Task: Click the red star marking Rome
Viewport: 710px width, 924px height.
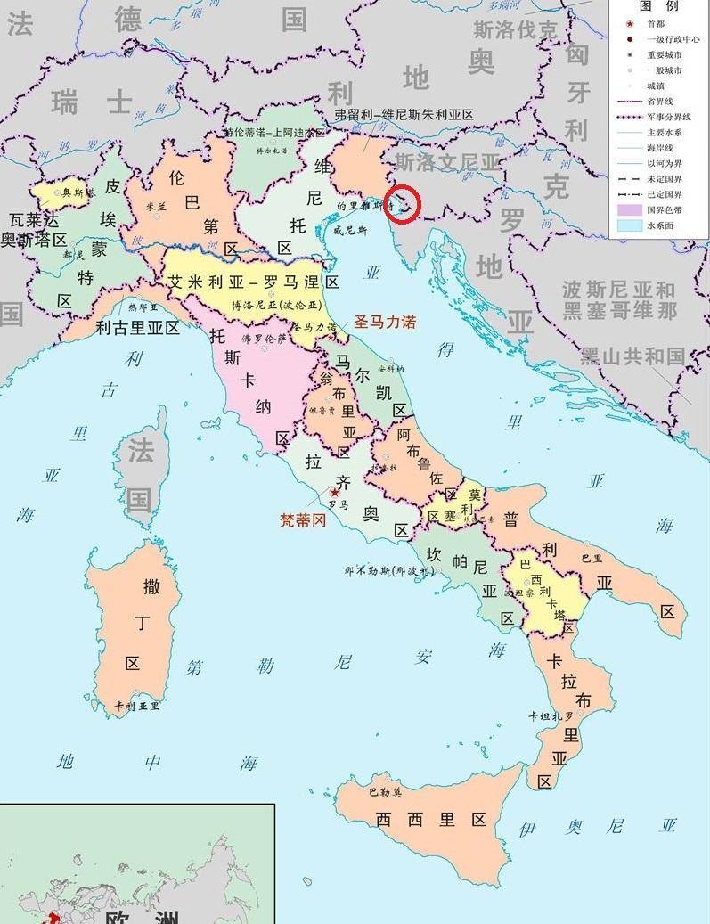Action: [x=335, y=492]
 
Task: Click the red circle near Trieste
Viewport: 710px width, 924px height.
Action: [x=405, y=205]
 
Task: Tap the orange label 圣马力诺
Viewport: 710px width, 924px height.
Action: [x=385, y=322]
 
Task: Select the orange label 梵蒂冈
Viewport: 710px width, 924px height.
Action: [x=303, y=519]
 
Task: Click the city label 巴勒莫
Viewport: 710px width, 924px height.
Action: [x=385, y=791]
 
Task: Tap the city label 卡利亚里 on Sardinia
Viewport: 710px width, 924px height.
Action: [x=137, y=706]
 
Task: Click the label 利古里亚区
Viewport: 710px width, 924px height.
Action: [x=137, y=328]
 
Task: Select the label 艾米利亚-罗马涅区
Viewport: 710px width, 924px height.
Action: [x=254, y=282]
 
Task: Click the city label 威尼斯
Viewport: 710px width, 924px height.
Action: [x=350, y=230]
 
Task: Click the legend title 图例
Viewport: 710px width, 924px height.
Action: [x=660, y=6]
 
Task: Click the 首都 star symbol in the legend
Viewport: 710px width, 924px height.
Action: [x=629, y=24]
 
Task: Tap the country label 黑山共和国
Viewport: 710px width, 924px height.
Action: [x=633, y=356]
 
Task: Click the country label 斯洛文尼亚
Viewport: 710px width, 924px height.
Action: [x=448, y=162]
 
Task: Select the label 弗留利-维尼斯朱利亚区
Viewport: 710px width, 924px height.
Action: [x=404, y=115]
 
